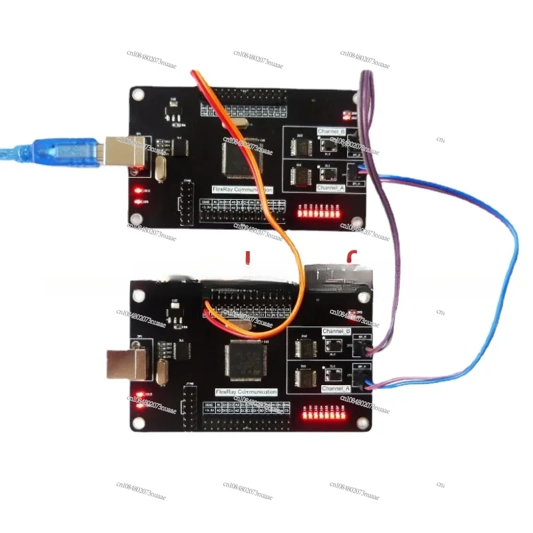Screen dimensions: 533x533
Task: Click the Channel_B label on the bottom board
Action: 336,331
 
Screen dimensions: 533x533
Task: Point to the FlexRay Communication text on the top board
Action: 243,190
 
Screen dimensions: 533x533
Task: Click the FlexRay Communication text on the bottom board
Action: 247,392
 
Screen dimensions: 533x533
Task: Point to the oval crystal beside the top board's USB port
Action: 158,170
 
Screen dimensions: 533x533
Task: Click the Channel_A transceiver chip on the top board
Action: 302,176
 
